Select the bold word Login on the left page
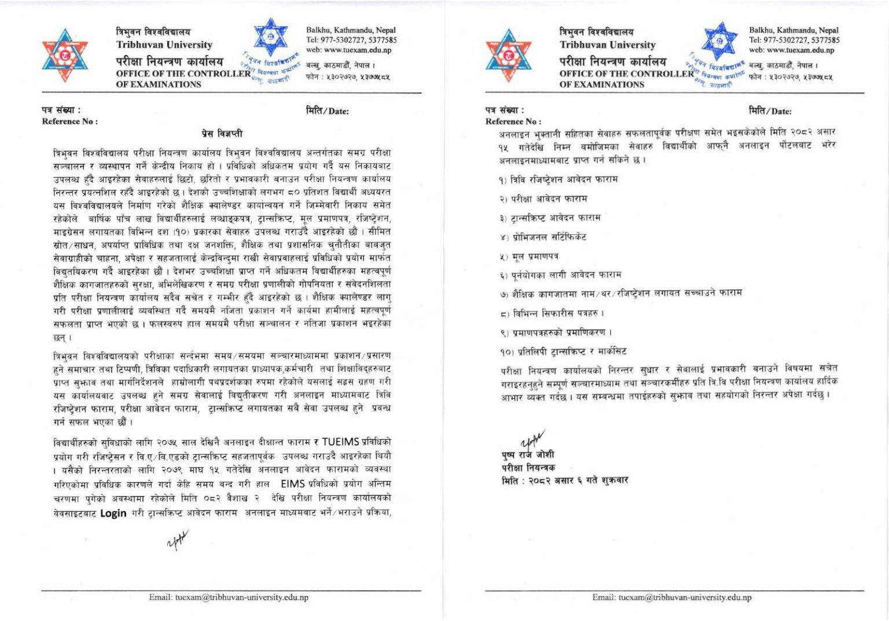point(113,513)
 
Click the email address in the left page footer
point(228,597)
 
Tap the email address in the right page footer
point(671,597)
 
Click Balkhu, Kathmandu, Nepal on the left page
point(351,30)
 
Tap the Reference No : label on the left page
point(69,122)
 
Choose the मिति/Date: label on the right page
point(770,111)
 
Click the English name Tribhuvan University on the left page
point(164,45)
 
